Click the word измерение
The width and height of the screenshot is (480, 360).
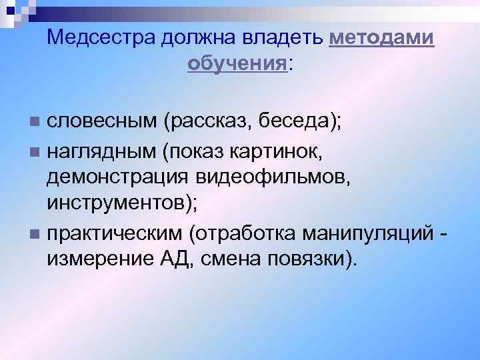[x=97, y=257]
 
